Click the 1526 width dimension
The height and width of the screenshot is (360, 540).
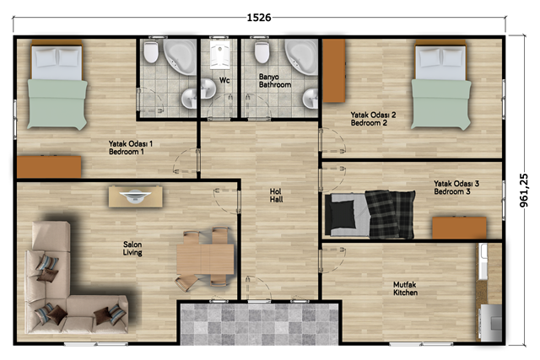pyautogui.click(x=259, y=17)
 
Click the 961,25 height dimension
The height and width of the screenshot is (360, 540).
pyautogui.click(x=523, y=190)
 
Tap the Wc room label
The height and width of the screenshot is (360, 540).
pyautogui.click(x=224, y=80)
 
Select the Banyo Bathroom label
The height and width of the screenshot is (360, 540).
pyautogui.click(x=275, y=81)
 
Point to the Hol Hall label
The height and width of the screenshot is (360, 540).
pyautogui.click(x=276, y=195)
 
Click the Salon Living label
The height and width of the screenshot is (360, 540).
pyautogui.click(x=132, y=248)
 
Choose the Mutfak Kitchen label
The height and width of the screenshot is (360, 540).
pyautogui.click(x=405, y=288)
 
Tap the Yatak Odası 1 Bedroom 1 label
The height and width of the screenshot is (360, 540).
pyautogui.click(x=131, y=148)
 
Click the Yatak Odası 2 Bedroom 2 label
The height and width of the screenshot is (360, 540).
pyautogui.click(x=373, y=119)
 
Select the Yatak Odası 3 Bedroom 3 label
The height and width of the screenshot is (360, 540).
pyautogui.click(x=456, y=187)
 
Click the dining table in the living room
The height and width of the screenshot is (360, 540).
pyautogui.click(x=205, y=259)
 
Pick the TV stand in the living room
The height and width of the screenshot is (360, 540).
pyautogui.click(x=136, y=196)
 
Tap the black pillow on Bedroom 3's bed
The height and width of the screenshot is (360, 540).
pyautogui.click(x=342, y=214)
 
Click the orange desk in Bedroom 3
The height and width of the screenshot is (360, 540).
pyautogui.click(x=459, y=228)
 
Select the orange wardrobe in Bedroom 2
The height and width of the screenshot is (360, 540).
pyautogui.click(x=334, y=71)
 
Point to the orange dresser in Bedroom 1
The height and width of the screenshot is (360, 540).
pyautogui.click(x=49, y=167)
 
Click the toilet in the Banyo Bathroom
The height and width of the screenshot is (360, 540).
pyautogui.click(x=262, y=52)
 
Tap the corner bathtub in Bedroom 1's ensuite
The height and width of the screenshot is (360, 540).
pyautogui.click(x=181, y=56)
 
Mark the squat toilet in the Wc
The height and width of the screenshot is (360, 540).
pyautogui.click(x=220, y=54)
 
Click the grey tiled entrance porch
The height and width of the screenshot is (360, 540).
pyautogui.click(x=260, y=324)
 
